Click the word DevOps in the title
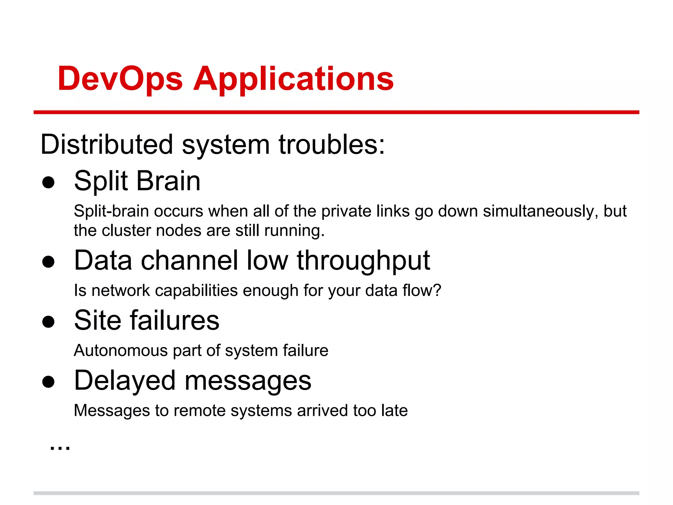pos(120,79)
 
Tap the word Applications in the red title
pos(293,79)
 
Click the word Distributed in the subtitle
pos(106,145)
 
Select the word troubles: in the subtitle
pos(332,145)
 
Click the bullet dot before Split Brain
pos(48,182)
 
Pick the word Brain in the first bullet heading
pos(168,181)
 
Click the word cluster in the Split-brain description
pos(127,230)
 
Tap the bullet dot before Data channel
pos(48,262)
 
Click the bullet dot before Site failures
pos(48,322)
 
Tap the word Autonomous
pos(121,350)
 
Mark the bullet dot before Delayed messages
pos(48,382)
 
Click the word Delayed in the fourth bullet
pos(125,381)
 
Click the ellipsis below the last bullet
pos(60,448)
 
